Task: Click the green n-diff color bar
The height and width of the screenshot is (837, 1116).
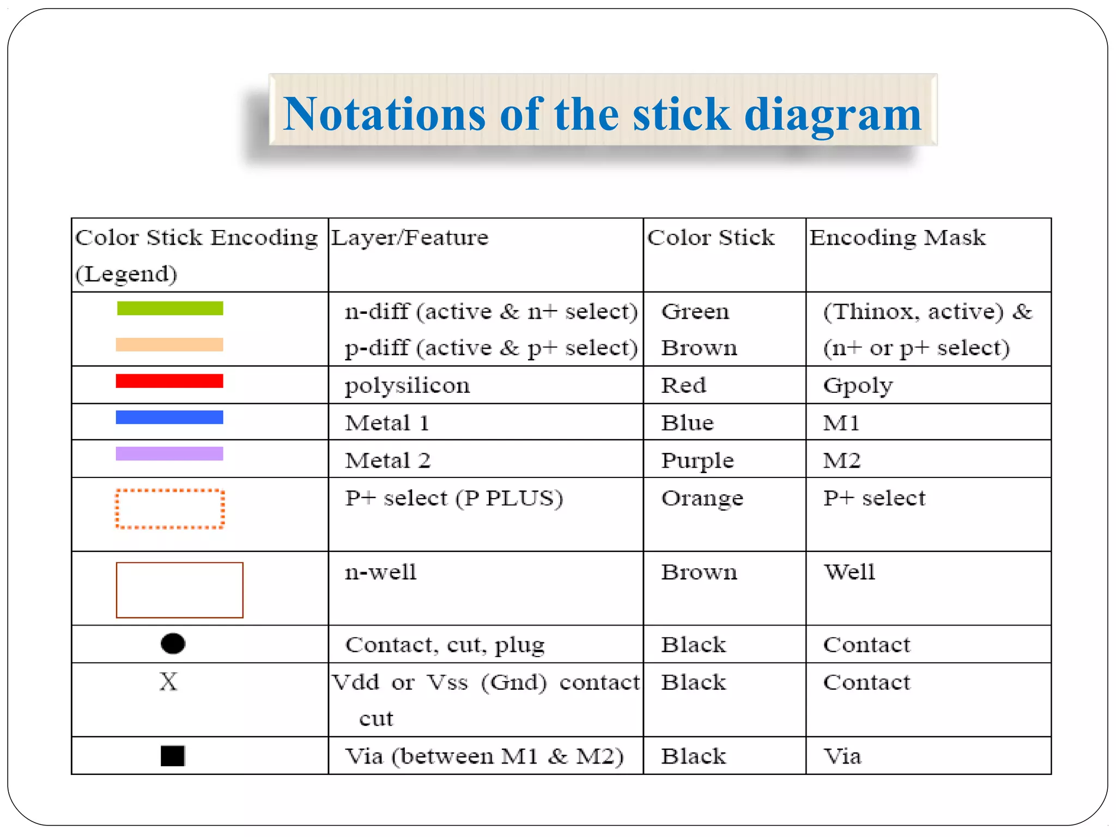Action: [x=170, y=308]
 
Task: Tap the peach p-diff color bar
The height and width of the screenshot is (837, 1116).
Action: [x=169, y=344]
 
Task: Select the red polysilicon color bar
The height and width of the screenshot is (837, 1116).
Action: [x=169, y=381]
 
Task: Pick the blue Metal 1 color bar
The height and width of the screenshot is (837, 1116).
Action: [x=169, y=417]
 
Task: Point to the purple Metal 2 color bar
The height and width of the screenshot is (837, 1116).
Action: [x=169, y=453]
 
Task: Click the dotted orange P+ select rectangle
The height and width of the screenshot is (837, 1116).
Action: [x=170, y=509]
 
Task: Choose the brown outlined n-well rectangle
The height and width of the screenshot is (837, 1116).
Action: [x=179, y=590]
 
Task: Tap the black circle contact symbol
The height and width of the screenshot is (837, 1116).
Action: [x=173, y=644]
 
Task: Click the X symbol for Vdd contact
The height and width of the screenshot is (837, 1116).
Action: [x=168, y=682]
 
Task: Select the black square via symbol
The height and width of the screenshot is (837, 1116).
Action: [x=173, y=756]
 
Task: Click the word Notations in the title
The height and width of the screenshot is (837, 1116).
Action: [x=384, y=114]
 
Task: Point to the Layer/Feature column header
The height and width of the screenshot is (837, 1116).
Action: [x=410, y=238]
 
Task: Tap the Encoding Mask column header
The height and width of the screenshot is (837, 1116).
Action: [x=897, y=238]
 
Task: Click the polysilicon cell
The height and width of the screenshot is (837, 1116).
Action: [x=407, y=386]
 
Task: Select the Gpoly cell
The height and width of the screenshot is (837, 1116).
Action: [x=858, y=386]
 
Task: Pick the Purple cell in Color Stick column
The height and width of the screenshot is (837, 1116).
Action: [x=697, y=460]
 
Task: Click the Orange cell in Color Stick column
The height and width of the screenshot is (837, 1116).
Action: [x=702, y=498]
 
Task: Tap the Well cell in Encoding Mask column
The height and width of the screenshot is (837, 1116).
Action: [x=849, y=572]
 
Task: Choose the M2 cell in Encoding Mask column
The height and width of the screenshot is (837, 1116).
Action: [x=841, y=460]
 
